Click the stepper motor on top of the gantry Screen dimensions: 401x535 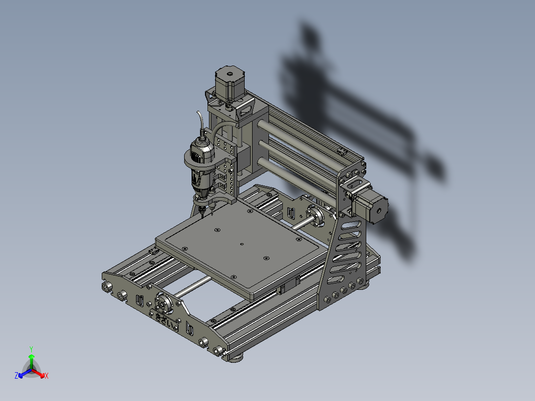pyautogui.click(x=229, y=83)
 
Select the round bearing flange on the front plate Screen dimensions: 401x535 pyautogui.click(x=162, y=303)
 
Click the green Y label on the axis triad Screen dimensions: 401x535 pyautogui.click(x=31, y=349)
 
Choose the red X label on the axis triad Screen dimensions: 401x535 pyautogui.click(x=46, y=376)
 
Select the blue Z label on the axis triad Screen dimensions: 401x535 pyautogui.click(x=16, y=376)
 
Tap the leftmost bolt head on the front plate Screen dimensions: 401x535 pyautogui.click(x=107, y=287)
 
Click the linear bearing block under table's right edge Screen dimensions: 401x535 pyautogui.click(x=288, y=286)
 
